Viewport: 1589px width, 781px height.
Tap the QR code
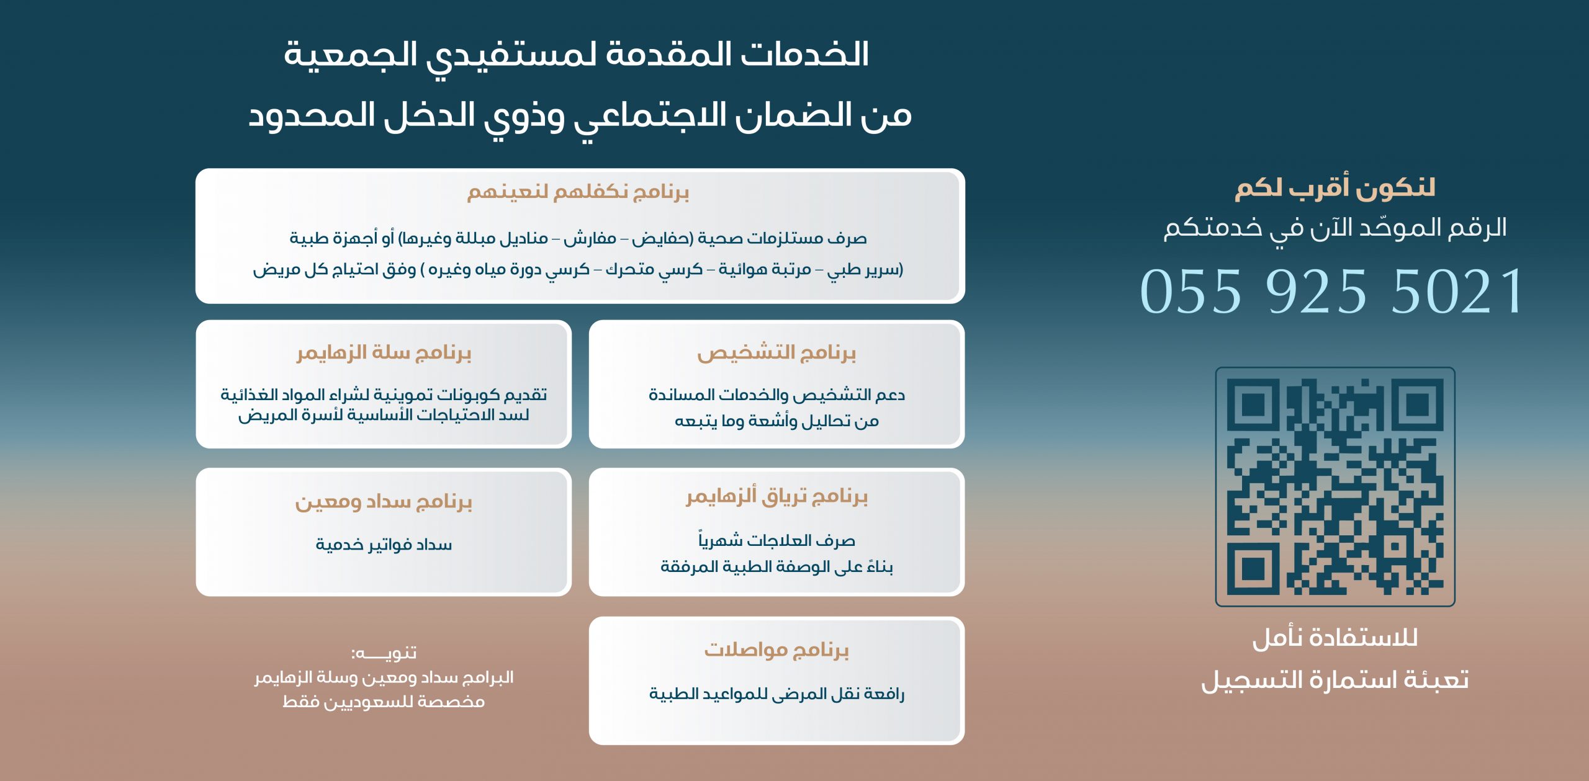pyautogui.click(x=1335, y=486)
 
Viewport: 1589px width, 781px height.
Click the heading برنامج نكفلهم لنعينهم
pyautogui.click(x=578, y=192)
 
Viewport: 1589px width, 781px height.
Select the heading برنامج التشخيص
pyautogui.click(x=776, y=352)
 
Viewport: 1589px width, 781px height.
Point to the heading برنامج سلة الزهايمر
pyautogui.click(x=384, y=352)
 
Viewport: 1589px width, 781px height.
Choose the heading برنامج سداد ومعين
pyautogui.click(x=384, y=501)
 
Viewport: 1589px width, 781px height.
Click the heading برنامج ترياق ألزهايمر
pyautogui.click(x=776, y=496)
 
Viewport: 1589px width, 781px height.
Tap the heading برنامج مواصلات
pyautogui.click(x=776, y=649)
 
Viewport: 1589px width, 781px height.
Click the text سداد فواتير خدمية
pyautogui.click(x=384, y=545)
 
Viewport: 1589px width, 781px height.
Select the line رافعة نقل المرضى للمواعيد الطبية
pyautogui.click(x=776, y=694)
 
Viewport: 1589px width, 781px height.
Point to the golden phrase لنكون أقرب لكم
pyautogui.click(x=1335, y=188)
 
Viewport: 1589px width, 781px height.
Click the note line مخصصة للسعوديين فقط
pyautogui.click(x=384, y=702)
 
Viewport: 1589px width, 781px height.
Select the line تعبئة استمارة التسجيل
pyautogui.click(x=1335, y=680)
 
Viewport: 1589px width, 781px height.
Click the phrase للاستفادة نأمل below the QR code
pyautogui.click(x=1335, y=638)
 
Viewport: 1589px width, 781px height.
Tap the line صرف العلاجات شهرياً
pyautogui.click(x=776, y=540)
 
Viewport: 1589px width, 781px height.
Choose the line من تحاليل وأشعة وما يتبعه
pyautogui.click(x=776, y=421)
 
